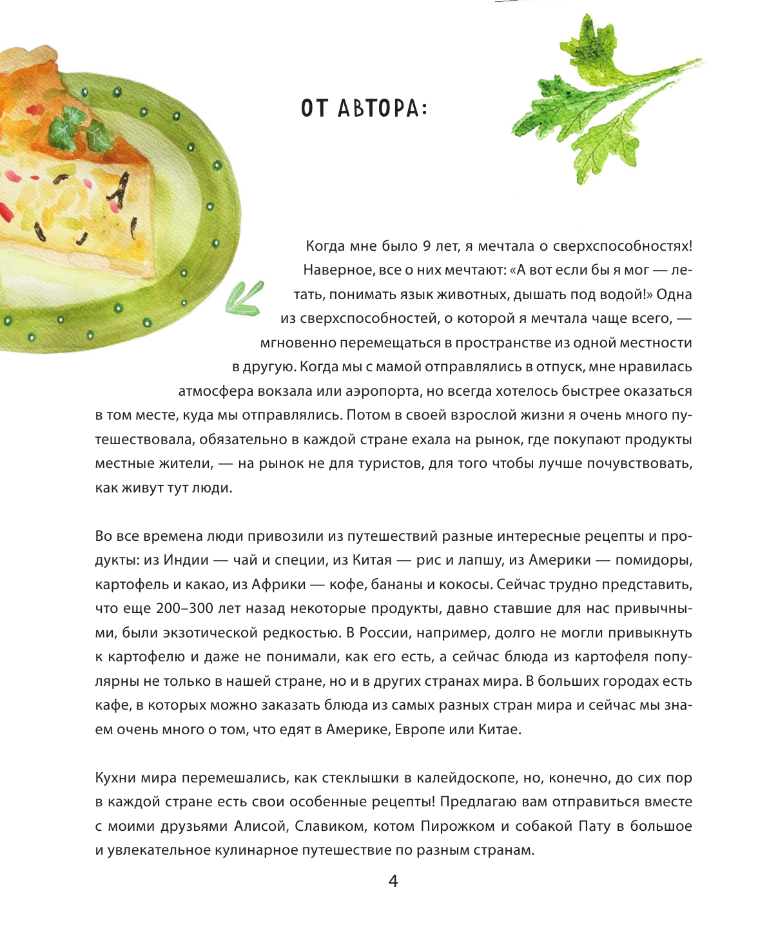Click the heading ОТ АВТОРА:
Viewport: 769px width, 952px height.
click(364, 108)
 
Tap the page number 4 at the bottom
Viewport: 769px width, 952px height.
click(393, 880)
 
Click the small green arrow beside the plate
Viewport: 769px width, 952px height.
click(245, 298)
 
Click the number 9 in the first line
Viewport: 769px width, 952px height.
click(427, 246)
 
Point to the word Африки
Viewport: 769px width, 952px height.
click(278, 585)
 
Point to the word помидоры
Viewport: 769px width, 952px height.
click(654, 560)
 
